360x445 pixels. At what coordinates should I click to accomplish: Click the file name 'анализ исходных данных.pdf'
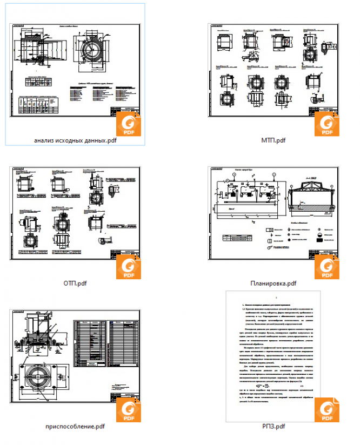75,141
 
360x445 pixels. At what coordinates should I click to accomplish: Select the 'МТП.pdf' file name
274,141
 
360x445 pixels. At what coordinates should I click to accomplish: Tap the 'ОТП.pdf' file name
75,283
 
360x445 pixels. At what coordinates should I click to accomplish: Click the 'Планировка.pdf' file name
274,283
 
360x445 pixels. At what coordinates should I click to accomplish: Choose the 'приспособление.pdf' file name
75,426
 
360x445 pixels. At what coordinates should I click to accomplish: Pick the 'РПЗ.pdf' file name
274,426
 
